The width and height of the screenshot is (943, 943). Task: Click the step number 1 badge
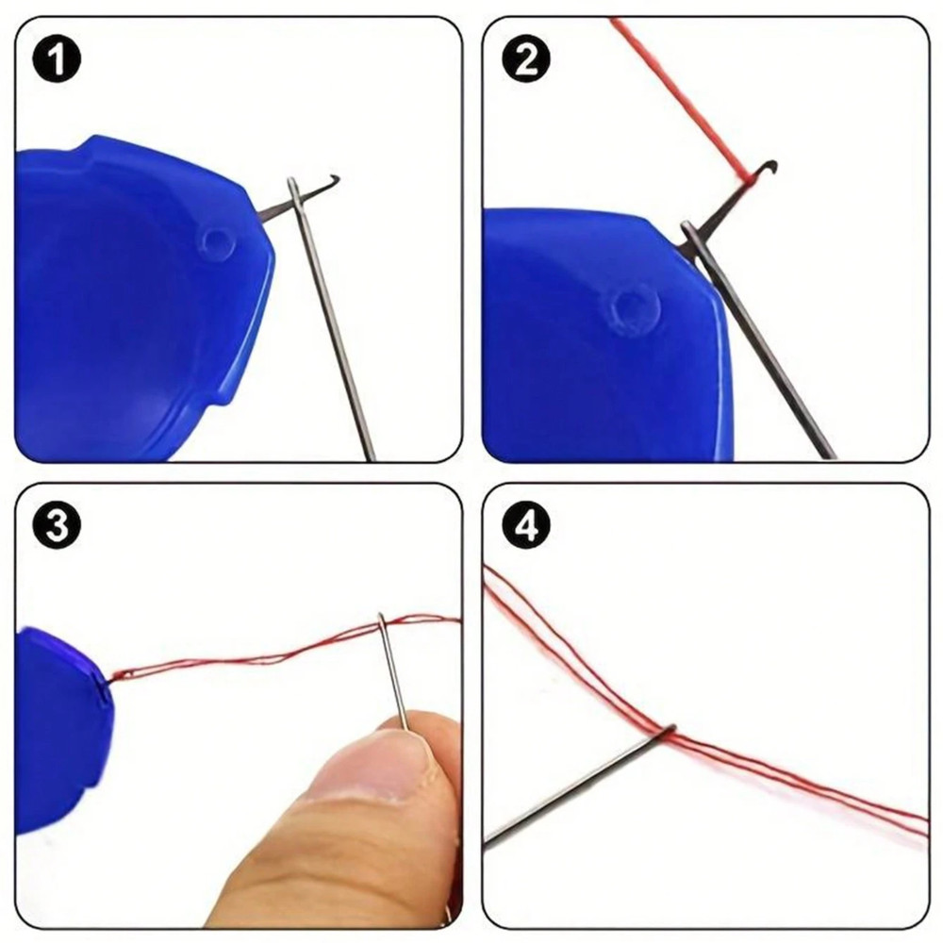tap(58, 61)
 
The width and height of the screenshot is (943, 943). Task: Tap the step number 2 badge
tap(525, 61)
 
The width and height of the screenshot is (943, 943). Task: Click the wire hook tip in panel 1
tap(334, 178)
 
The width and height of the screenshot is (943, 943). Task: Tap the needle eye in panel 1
tap(296, 193)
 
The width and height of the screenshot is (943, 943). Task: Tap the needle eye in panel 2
tap(690, 236)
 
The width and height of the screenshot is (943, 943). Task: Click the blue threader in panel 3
tap(57, 726)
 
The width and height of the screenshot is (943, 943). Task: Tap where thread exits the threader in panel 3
tap(111, 675)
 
